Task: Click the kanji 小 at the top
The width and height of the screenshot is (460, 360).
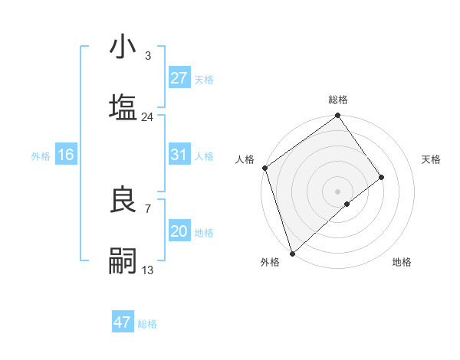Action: (x=123, y=47)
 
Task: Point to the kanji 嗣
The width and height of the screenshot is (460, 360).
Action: (x=123, y=260)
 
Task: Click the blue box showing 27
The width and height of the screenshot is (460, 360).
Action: (x=179, y=78)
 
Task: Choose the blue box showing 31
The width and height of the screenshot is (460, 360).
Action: (x=179, y=155)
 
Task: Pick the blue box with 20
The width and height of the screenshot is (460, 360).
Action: (x=179, y=231)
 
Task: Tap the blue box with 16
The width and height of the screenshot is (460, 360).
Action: (x=66, y=155)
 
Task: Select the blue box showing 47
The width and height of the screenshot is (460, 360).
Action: (x=123, y=322)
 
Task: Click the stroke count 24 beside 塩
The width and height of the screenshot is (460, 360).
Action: (x=147, y=117)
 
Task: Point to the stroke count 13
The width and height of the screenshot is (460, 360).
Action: (x=147, y=270)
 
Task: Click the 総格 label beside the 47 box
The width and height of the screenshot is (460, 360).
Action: (x=147, y=324)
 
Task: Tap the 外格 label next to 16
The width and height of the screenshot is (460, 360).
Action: (x=41, y=156)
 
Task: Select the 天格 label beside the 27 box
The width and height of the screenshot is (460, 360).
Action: (x=204, y=80)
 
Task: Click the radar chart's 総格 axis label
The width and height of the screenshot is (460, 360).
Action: (x=338, y=100)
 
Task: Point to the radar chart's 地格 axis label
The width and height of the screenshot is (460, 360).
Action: (x=402, y=262)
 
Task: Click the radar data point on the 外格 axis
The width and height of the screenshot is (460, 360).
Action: (x=292, y=252)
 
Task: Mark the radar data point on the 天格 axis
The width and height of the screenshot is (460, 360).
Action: (x=381, y=178)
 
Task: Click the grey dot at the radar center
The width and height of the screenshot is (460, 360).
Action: (x=337, y=191)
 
